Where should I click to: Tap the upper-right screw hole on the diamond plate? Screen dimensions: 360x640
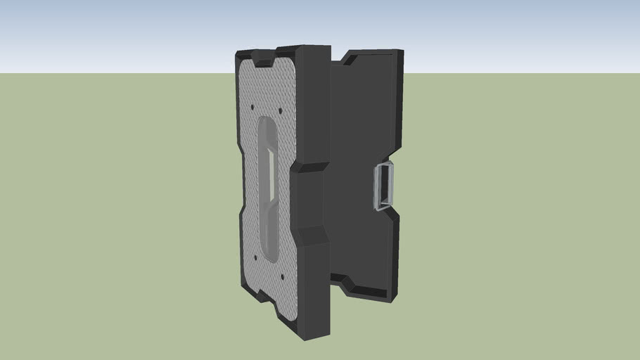point(281,110)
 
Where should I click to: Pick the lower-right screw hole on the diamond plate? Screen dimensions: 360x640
point(283,276)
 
